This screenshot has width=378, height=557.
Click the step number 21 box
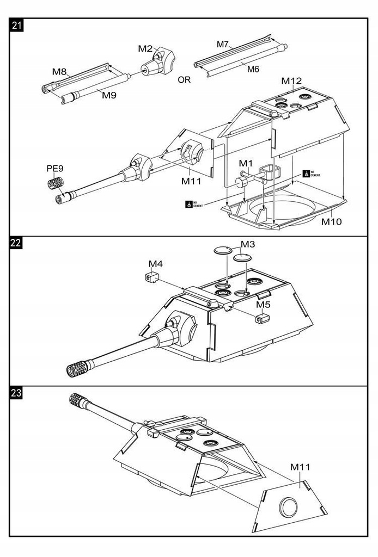tap(16, 25)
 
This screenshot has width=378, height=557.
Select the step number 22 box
tap(16, 243)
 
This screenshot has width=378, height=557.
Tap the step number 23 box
tap(16, 393)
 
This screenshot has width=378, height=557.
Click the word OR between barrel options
tap(185, 79)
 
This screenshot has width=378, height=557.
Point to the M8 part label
tap(59, 71)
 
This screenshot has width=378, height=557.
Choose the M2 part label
tap(145, 48)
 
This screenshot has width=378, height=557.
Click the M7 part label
tap(223, 44)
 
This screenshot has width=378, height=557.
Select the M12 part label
tap(291, 81)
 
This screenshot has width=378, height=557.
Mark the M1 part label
tap(246, 163)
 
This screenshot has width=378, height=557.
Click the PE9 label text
tap(55, 168)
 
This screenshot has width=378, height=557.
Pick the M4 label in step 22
tap(156, 264)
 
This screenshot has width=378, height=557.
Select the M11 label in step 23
tap(300, 467)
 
